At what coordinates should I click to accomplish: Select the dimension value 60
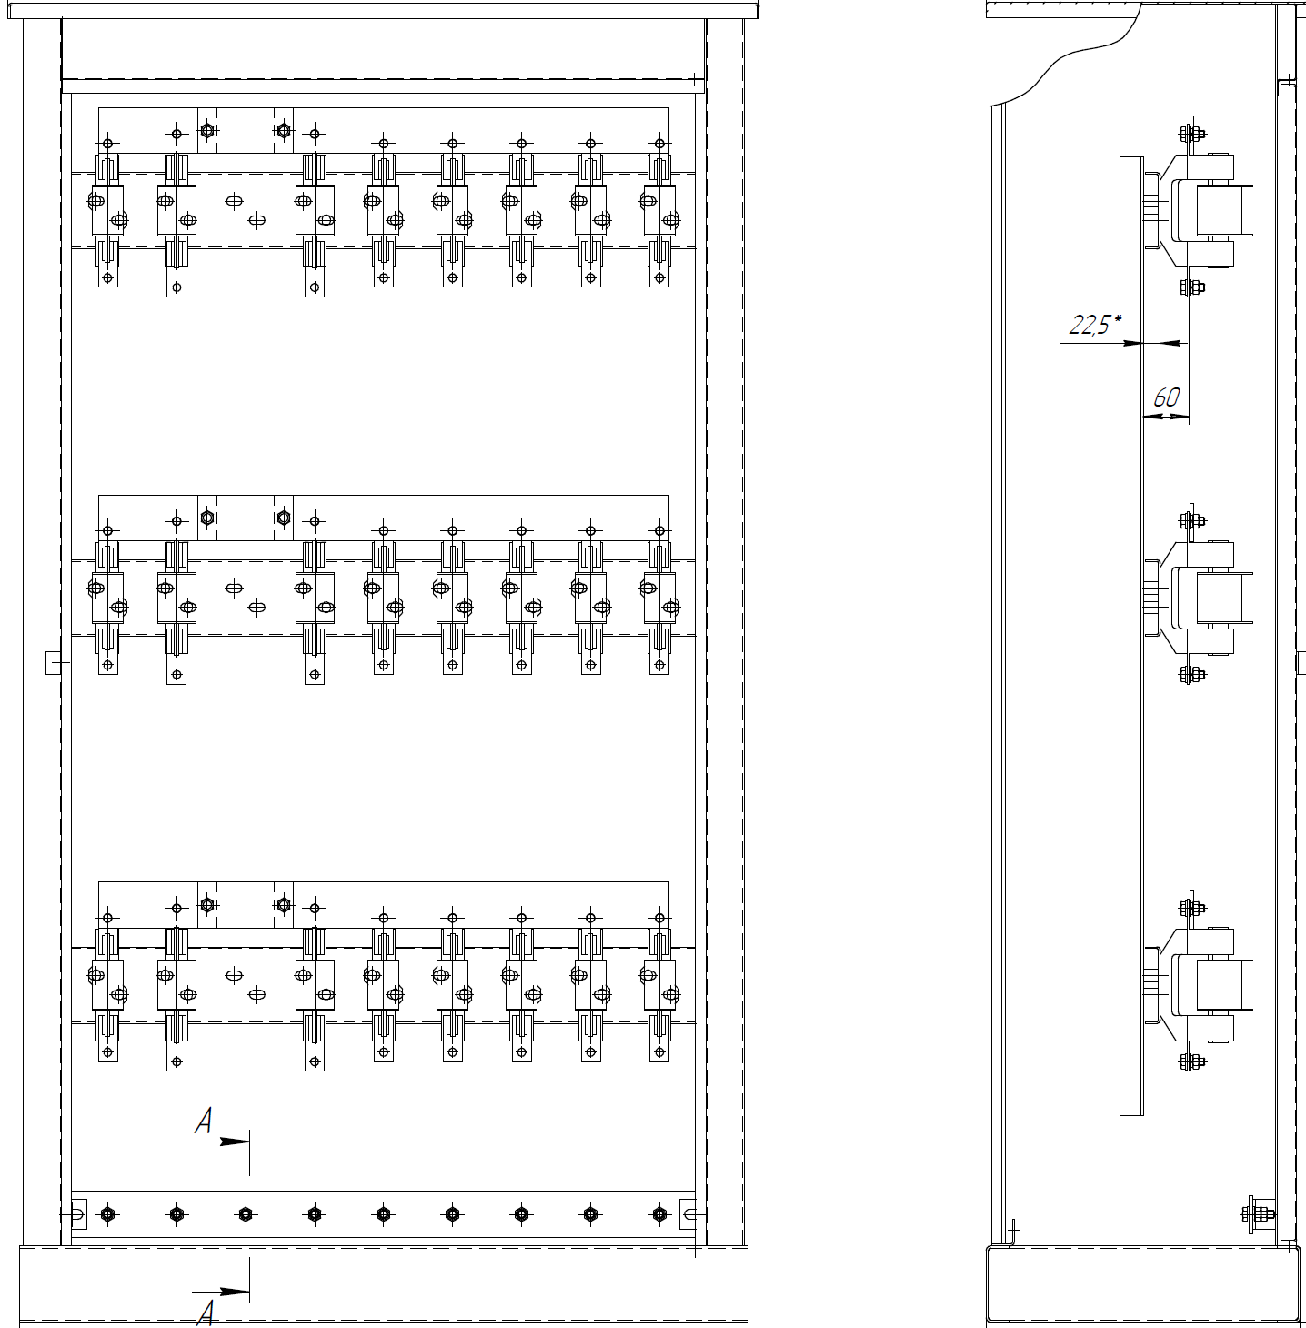pos(1166,397)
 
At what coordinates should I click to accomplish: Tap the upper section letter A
pos(205,1122)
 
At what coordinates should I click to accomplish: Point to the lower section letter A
pos(206,1312)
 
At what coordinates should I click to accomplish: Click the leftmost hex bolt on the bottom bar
pos(108,1213)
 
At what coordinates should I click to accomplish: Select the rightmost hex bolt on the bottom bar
pos(659,1213)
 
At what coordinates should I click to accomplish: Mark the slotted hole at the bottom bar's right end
pos(690,1213)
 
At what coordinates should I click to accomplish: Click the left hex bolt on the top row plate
pos(207,131)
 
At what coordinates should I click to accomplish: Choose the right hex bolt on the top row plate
pos(283,131)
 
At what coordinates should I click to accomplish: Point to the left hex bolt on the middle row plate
pos(207,518)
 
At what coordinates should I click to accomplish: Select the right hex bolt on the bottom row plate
pos(283,905)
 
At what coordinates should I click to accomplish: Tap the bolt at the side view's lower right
pos(1260,1213)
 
